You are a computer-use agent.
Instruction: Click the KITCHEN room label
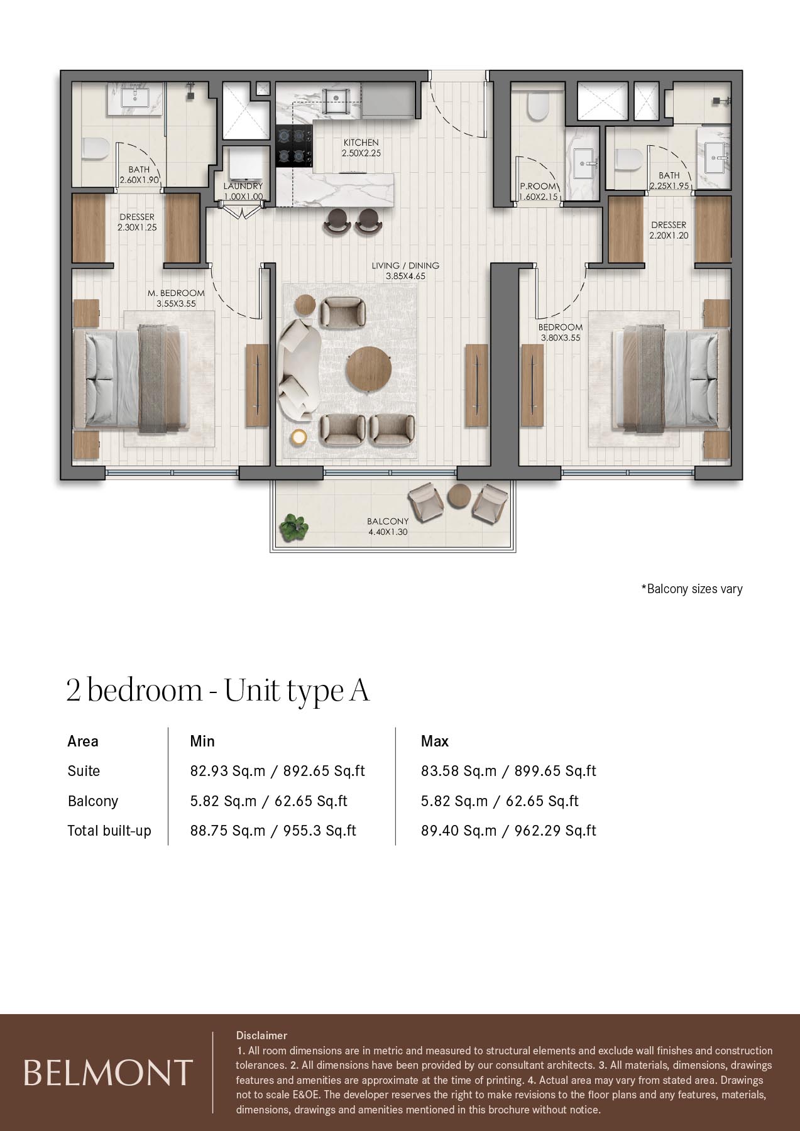pyautogui.click(x=361, y=143)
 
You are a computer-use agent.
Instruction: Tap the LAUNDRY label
pyautogui.click(x=243, y=187)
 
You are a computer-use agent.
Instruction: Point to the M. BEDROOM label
pyautogui.click(x=176, y=293)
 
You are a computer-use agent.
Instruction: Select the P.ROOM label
pyautogui.click(x=538, y=187)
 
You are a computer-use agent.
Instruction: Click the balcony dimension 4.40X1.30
pyautogui.click(x=388, y=532)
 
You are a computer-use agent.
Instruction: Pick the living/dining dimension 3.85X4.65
pyautogui.click(x=405, y=276)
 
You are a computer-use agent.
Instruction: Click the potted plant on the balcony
pyautogui.click(x=294, y=527)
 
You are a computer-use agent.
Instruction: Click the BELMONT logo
pyautogui.click(x=107, y=1073)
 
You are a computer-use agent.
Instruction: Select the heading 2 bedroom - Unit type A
pyautogui.click(x=218, y=691)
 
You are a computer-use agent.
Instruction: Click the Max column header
pyautogui.click(x=435, y=741)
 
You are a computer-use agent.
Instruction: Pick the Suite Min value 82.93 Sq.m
pyautogui.click(x=228, y=771)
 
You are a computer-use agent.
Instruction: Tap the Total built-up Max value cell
pyautogui.click(x=508, y=831)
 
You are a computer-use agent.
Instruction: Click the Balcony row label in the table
pyautogui.click(x=93, y=801)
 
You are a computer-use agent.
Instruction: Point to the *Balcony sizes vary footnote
pyautogui.click(x=692, y=589)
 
